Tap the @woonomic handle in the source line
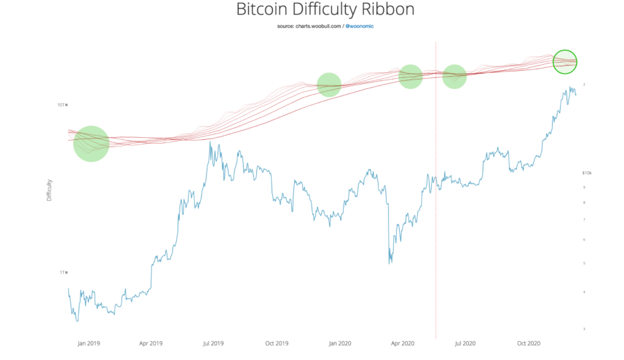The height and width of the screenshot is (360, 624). click(x=359, y=26)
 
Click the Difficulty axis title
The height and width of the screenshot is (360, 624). click(x=49, y=190)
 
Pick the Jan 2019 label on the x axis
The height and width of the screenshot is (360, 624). click(x=89, y=344)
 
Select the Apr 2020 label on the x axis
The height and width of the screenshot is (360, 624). click(x=403, y=344)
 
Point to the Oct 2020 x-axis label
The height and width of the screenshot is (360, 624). click(x=528, y=344)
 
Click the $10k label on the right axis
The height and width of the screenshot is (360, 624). click(x=586, y=173)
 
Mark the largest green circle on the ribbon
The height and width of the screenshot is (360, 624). click(x=91, y=143)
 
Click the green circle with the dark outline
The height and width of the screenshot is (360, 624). click(x=565, y=61)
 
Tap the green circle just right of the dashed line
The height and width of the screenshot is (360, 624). click(x=454, y=77)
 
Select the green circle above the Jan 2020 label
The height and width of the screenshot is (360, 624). click(x=329, y=85)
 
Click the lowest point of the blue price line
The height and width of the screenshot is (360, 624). click(x=77, y=321)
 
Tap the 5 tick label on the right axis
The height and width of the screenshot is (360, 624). click(x=584, y=264)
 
